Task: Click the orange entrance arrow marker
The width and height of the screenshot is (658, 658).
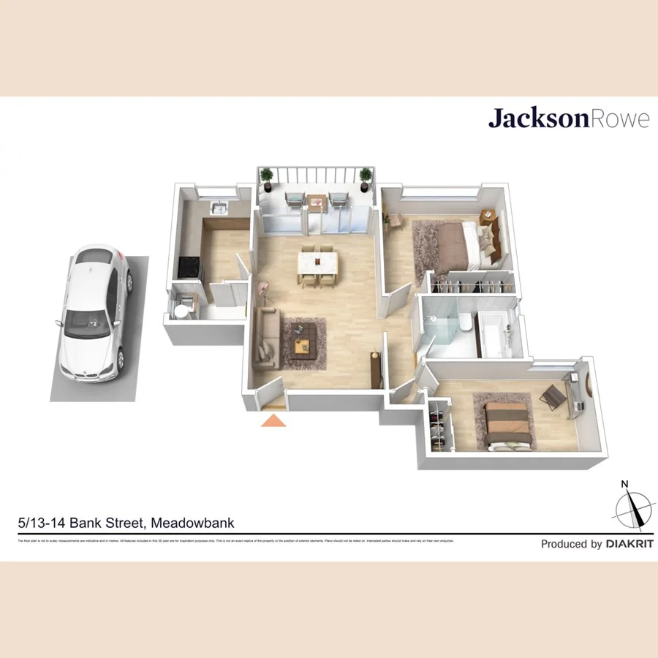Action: [x=273, y=420]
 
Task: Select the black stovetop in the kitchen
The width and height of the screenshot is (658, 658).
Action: [x=189, y=267]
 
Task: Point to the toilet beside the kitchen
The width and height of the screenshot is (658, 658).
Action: [x=181, y=310]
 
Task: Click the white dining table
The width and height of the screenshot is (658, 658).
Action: [x=317, y=262]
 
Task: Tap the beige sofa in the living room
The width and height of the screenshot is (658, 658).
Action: [x=266, y=336]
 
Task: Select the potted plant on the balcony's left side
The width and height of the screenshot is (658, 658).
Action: [x=267, y=177]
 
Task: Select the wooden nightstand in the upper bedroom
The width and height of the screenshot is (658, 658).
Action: [x=488, y=217]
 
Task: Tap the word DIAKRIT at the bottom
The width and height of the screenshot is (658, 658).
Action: [x=629, y=544]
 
